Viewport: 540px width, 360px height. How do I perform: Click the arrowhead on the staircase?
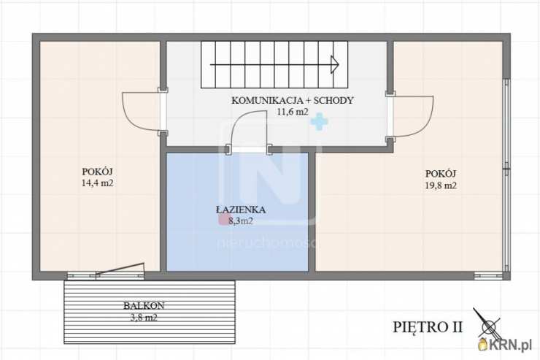pyautogui.click(x=335, y=64)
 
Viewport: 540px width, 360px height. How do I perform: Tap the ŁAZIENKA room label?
pyautogui.click(x=240, y=210)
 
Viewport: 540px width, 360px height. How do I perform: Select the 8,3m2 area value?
pyautogui.click(x=239, y=221)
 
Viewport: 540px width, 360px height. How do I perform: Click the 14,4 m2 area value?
pyautogui.click(x=98, y=184)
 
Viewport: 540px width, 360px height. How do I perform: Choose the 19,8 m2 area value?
pyautogui.click(x=441, y=185)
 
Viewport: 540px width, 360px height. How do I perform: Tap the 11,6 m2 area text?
pyautogui.click(x=292, y=112)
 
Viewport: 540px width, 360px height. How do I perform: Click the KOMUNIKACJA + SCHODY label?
pyautogui.click(x=292, y=101)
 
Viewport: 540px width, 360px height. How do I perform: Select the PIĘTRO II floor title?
pyautogui.click(x=428, y=326)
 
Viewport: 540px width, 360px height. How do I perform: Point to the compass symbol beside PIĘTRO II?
pyautogui.click(x=488, y=325)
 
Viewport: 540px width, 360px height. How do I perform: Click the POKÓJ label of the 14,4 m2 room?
pyautogui.click(x=97, y=172)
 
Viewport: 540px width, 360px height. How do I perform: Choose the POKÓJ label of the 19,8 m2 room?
pyautogui.click(x=441, y=173)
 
